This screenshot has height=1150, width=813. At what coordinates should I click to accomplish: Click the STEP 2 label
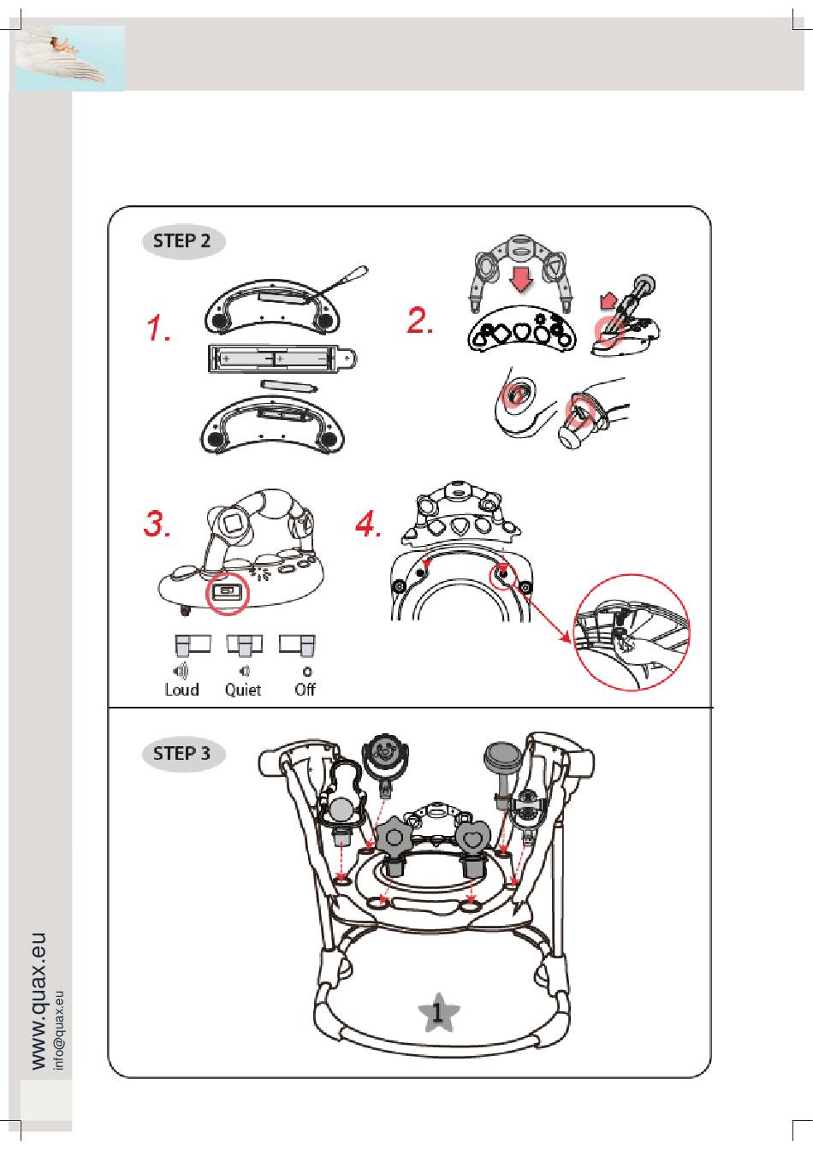tap(182, 241)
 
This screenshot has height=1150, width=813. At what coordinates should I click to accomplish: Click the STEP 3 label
tap(182, 754)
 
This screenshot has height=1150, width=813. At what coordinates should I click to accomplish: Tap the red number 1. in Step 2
tap(157, 328)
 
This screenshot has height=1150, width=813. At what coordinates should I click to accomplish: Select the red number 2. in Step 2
tap(420, 321)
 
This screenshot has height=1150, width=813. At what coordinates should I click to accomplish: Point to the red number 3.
tap(157, 523)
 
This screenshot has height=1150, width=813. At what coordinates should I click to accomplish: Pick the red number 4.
tap(369, 524)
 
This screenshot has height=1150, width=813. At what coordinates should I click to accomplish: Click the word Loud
tap(181, 690)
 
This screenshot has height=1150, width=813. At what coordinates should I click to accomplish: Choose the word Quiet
tap(243, 690)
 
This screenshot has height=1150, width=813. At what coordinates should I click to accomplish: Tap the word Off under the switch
tap(306, 690)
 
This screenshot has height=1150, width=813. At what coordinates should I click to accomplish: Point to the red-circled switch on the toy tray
tap(227, 591)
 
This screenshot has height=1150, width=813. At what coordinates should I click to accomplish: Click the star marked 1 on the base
tap(438, 1013)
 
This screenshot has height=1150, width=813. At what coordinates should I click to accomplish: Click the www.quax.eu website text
tap(39, 1000)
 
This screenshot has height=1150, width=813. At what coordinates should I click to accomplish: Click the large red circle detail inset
tap(632, 632)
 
